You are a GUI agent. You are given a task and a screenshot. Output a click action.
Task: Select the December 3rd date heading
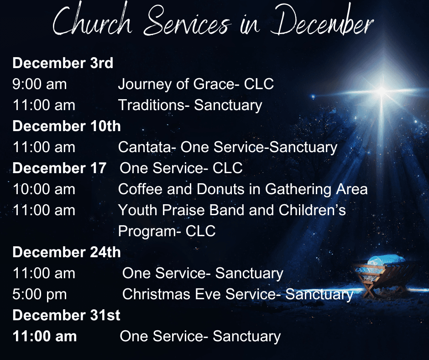(x=63, y=63)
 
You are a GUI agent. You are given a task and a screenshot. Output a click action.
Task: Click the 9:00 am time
(x=39, y=84)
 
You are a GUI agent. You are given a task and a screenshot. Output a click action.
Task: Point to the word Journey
(x=145, y=85)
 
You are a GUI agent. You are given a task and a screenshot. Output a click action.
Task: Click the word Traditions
(x=154, y=105)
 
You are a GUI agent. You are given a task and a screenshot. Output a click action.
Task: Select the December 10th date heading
(x=67, y=126)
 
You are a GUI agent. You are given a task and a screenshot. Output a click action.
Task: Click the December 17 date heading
(x=59, y=168)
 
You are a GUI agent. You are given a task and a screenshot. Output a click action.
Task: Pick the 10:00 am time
(x=44, y=189)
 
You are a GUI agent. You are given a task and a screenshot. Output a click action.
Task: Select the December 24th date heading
(x=67, y=252)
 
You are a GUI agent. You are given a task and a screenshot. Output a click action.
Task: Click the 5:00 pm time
(x=40, y=295)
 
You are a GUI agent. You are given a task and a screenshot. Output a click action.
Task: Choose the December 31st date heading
(x=66, y=315)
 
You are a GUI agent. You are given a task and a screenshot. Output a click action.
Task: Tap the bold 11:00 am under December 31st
(x=45, y=336)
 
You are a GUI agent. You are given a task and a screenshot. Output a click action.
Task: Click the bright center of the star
(x=382, y=91)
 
